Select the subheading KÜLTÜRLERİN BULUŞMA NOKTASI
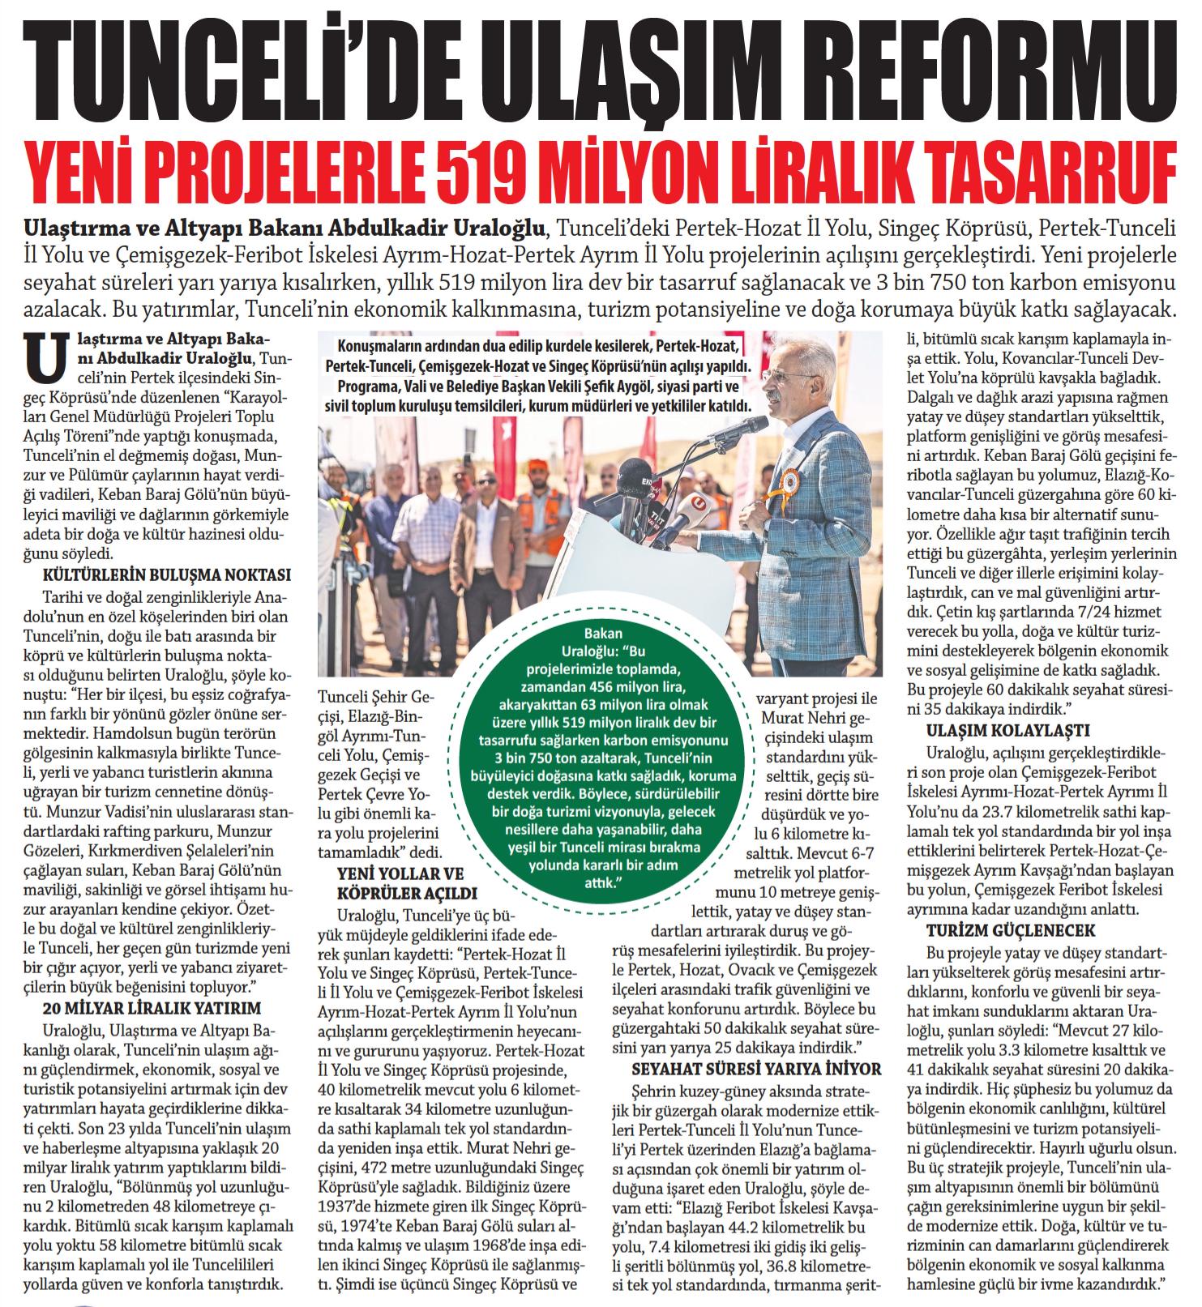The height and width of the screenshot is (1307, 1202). pyautogui.click(x=166, y=575)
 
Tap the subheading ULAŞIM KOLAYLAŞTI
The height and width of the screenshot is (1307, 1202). pyautogui.click(x=1007, y=730)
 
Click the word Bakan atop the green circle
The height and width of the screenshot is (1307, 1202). pyautogui.click(x=604, y=634)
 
